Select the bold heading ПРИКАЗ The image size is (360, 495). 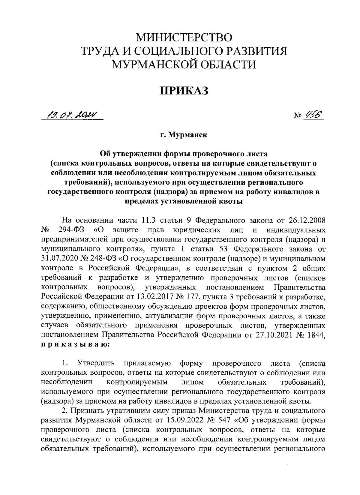[x=184, y=90]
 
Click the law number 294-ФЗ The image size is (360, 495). [x=70, y=230]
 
